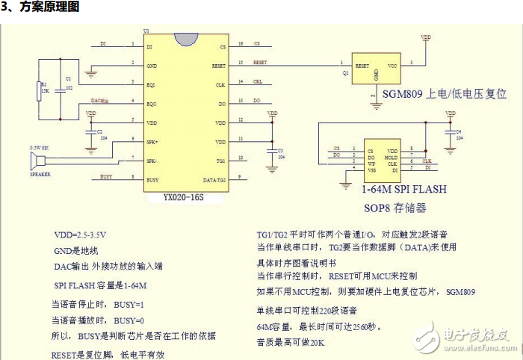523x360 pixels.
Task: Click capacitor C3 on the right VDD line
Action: [x=270, y=152]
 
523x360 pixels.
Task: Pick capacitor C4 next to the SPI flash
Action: [x=449, y=134]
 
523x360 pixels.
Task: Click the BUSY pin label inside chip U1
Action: [x=152, y=177]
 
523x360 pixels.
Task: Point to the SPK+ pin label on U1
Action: [x=153, y=140]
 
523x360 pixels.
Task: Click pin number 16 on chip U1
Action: [x=240, y=44]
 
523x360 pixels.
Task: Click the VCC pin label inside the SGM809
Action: [x=392, y=66]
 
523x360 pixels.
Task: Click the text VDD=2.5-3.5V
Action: [x=80, y=234]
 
